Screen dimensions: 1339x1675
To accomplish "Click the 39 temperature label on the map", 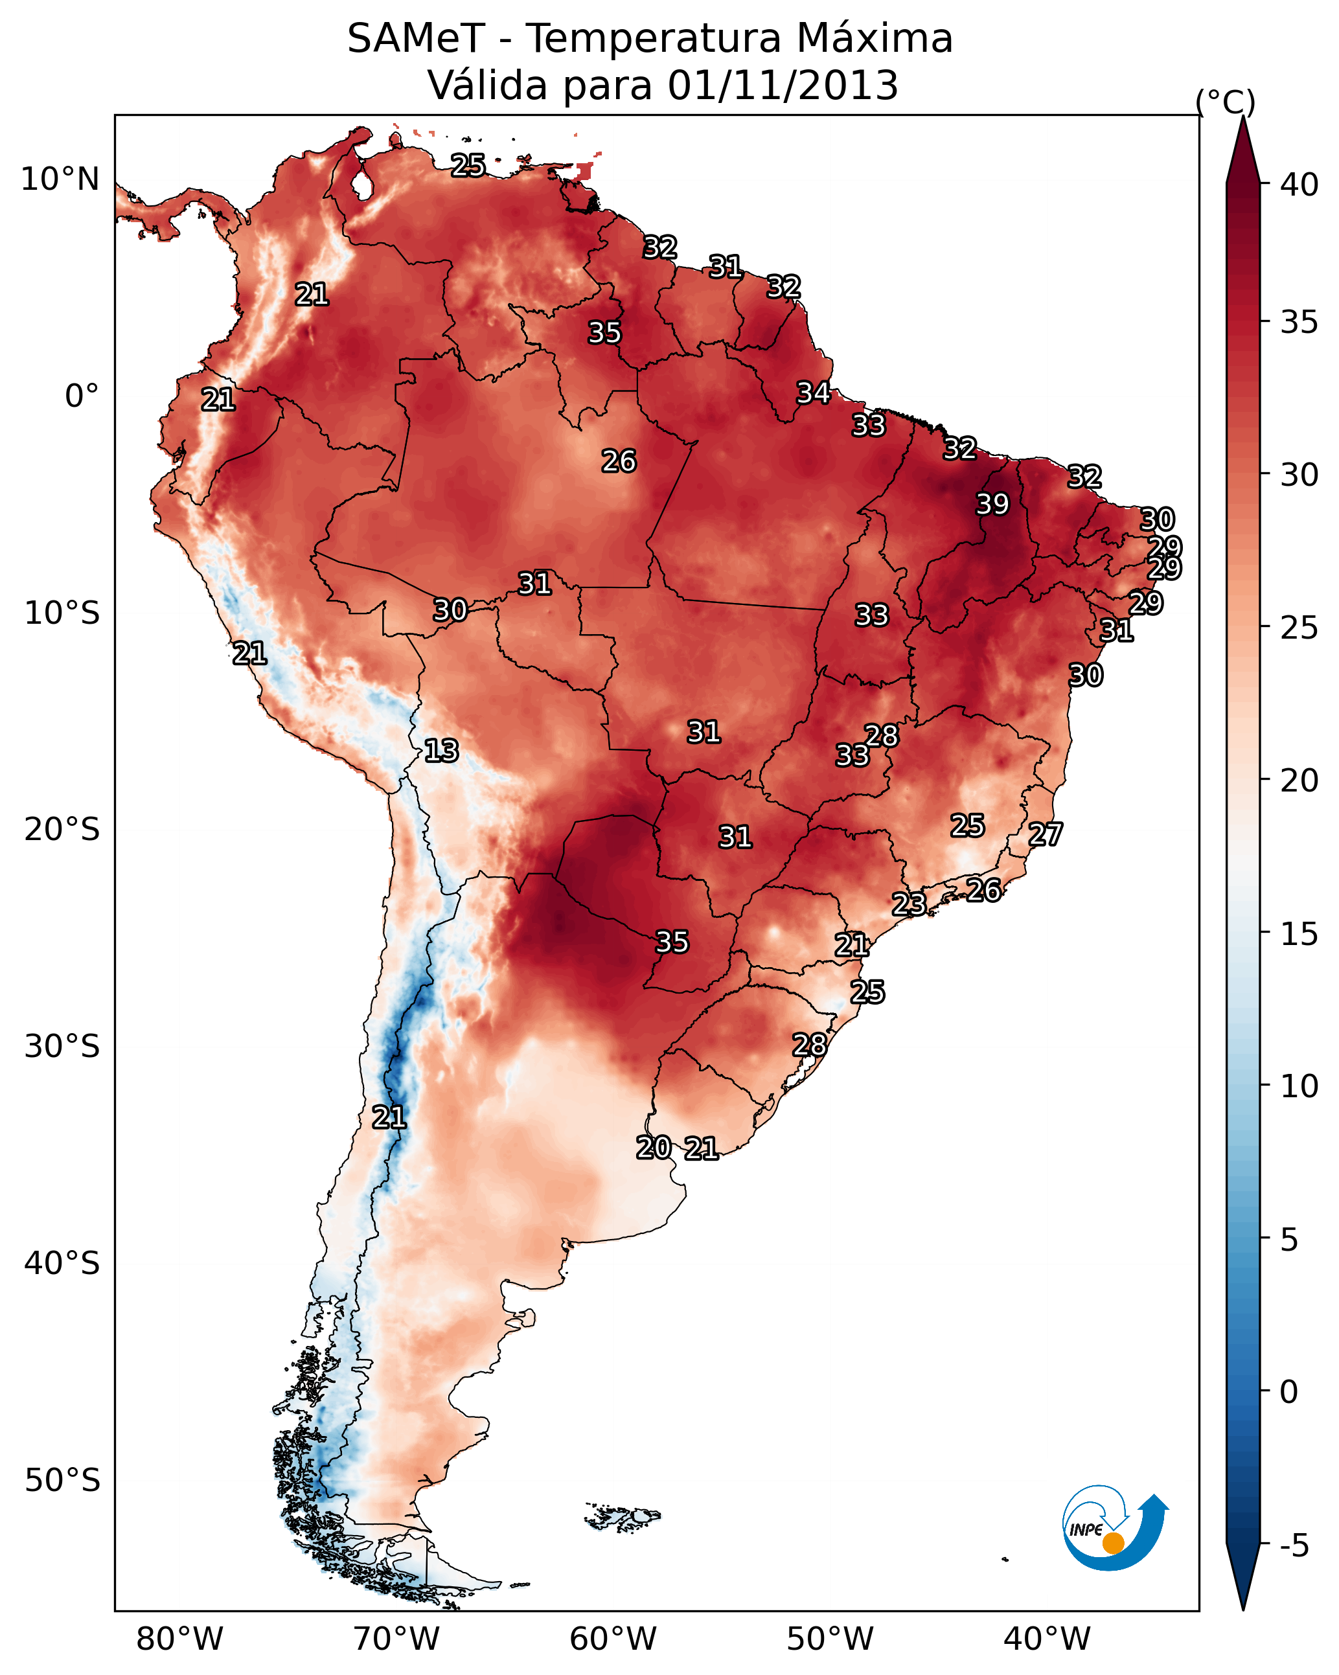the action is pyautogui.click(x=992, y=503).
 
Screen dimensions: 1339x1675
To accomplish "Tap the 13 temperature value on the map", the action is pyautogui.click(x=441, y=751).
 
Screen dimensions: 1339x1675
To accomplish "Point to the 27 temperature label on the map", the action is pyautogui.click(x=1046, y=834).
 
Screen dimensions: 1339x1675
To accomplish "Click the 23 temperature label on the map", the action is pyautogui.click(x=908, y=904).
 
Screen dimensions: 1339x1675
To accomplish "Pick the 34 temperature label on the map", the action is pyautogui.click(x=814, y=393).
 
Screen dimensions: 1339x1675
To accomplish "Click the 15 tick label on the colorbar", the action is pyautogui.click(x=1299, y=934).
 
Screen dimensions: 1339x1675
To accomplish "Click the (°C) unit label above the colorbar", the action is pyautogui.click(x=1226, y=102).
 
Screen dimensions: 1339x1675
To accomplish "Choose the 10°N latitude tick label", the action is pyautogui.click(x=60, y=179).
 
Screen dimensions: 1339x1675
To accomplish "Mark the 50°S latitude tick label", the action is pyautogui.click(x=62, y=1481).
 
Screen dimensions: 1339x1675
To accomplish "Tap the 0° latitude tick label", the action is pyautogui.click(x=82, y=396).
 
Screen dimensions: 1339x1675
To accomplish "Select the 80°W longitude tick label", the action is pyautogui.click(x=179, y=1639).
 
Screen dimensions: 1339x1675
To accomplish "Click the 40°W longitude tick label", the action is pyautogui.click(x=1047, y=1639).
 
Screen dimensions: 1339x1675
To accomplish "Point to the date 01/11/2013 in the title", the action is pyautogui.click(x=783, y=85).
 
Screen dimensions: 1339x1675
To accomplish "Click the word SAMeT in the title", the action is pyautogui.click(x=417, y=38).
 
